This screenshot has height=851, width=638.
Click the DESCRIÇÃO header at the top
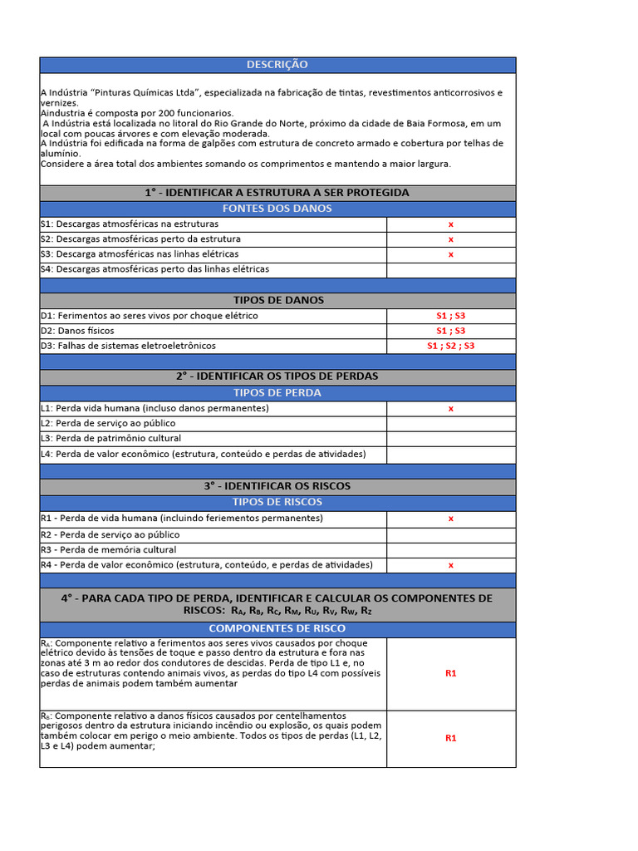coord(277,65)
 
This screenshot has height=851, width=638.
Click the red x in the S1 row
coord(451,224)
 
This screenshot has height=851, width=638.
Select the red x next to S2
coord(451,239)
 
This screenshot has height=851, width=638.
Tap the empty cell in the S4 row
coord(451,269)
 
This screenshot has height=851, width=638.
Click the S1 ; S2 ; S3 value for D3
coord(451,346)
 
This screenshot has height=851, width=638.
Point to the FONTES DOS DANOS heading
coord(277,209)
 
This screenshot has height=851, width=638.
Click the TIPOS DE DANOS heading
coord(277,300)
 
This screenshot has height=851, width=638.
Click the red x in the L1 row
coord(451,408)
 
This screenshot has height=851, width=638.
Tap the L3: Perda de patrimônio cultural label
coord(110,438)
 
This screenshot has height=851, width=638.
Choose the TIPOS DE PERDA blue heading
coord(277,393)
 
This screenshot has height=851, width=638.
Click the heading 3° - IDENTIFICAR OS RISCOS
coord(277,486)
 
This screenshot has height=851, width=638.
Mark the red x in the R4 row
coord(451,565)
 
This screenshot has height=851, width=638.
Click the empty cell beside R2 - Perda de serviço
coord(451,535)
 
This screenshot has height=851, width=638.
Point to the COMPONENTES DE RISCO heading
coord(277,628)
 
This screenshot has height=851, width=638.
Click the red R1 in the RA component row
coord(451,673)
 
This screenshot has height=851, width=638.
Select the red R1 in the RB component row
coord(451,738)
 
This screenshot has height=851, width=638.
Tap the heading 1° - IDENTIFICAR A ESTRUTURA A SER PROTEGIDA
coord(277,193)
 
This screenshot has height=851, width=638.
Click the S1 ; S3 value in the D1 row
coord(451,316)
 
